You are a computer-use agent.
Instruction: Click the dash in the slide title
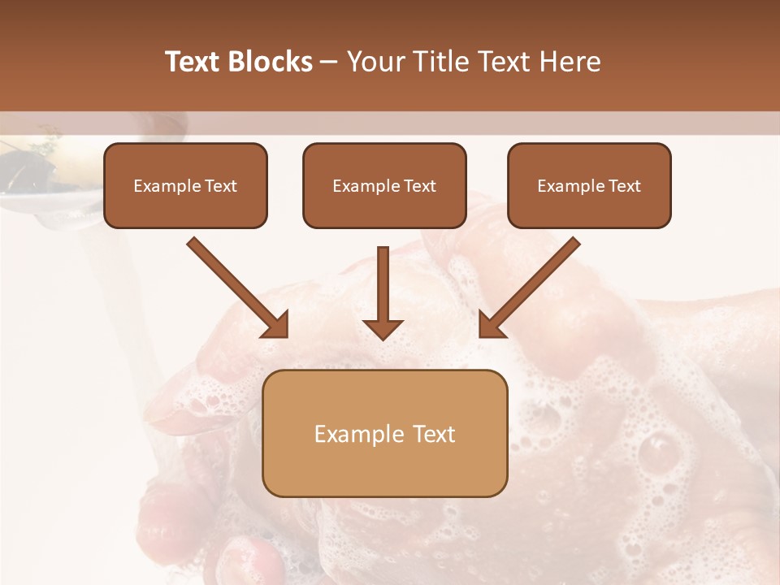[329, 62]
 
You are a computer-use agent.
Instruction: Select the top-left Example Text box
[185, 186]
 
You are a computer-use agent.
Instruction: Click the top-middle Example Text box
[384, 186]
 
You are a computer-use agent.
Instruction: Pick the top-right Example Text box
[589, 186]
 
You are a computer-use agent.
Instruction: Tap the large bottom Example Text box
[384, 434]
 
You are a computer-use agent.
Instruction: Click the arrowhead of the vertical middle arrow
[383, 327]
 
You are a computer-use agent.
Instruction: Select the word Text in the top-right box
[624, 186]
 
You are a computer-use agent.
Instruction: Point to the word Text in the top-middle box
[419, 186]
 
